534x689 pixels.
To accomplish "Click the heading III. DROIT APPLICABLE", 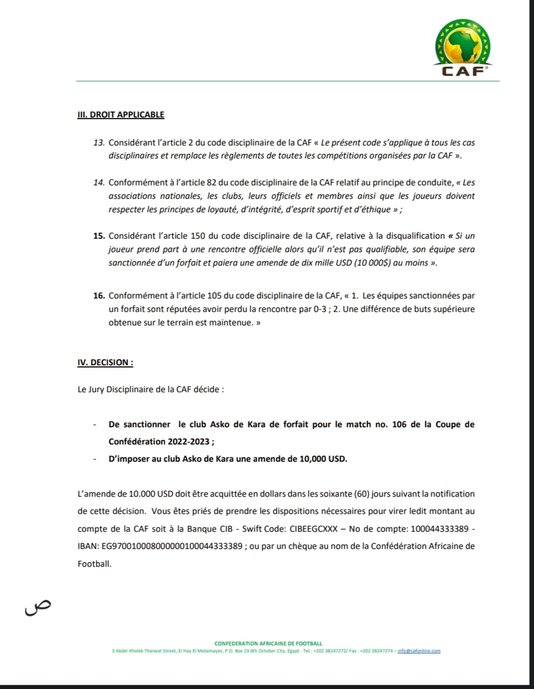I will coord(121,114).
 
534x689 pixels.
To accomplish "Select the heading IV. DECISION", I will coord(105,362).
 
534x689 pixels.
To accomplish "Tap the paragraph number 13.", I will coord(99,143).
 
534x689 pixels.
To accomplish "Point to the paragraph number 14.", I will coord(99,183).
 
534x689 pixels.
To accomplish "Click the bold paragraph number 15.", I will coord(99,236).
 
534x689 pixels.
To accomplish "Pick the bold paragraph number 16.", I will coord(99,296).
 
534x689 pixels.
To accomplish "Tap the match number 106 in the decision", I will coord(399,424).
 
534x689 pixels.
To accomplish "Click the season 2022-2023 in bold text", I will coord(184,442).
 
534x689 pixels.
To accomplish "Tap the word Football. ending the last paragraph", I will coord(95,564).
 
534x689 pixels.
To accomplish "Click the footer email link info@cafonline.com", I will coord(419,651).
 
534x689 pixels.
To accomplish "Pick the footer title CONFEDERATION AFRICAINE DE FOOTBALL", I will coord(268,643).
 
